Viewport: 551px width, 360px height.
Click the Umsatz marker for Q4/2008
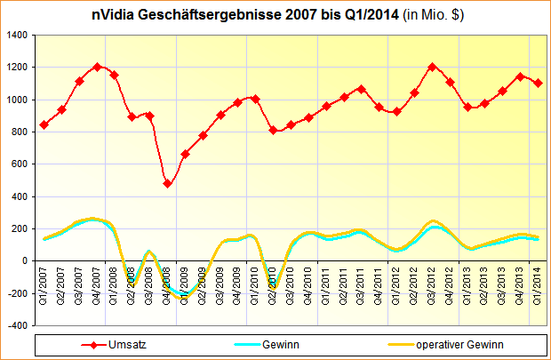(167, 183)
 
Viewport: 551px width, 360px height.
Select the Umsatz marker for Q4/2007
(97, 67)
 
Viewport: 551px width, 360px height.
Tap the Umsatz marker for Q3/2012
(432, 67)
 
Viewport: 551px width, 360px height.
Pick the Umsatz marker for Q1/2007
(44, 124)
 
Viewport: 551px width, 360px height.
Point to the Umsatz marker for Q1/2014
(538, 83)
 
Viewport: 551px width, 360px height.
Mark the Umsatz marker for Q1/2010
(255, 99)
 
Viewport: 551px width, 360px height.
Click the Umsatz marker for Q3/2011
(361, 89)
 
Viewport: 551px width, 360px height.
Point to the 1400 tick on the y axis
(18, 35)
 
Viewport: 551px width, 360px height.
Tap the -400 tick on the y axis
(18, 325)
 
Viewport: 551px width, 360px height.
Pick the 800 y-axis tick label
(20, 132)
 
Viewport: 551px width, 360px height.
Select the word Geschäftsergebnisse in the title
(201, 15)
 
